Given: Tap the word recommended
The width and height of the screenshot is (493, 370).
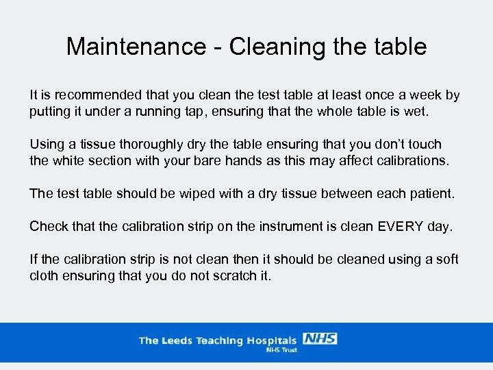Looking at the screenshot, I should [x=97, y=95].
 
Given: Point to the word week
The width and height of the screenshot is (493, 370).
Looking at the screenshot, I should [x=427, y=95].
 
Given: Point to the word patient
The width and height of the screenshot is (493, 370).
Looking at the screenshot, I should [x=429, y=193].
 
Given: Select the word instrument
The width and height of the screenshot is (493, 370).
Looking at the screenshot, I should [x=288, y=226].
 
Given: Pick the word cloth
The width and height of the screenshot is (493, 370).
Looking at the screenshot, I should [x=45, y=275].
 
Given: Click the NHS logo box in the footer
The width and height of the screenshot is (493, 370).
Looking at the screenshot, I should [x=320, y=338].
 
